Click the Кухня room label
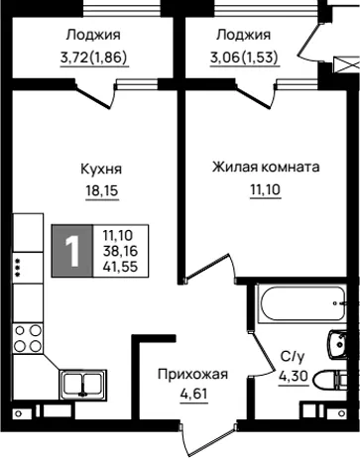(x=101, y=170)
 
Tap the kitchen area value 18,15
(x=102, y=190)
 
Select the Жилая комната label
(x=266, y=168)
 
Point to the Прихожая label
(x=192, y=375)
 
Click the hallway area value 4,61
(x=194, y=395)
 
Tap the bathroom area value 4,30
(x=294, y=376)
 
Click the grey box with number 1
(x=72, y=251)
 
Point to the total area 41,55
(x=120, y=267)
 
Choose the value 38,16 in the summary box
(x=120, y=251)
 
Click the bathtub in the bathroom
(x=300, y=303)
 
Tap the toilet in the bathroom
(x=330, y=381)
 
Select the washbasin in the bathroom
(x=337, y=344)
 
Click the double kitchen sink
(x=83, y=383)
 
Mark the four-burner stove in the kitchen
(x=28, y=338)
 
